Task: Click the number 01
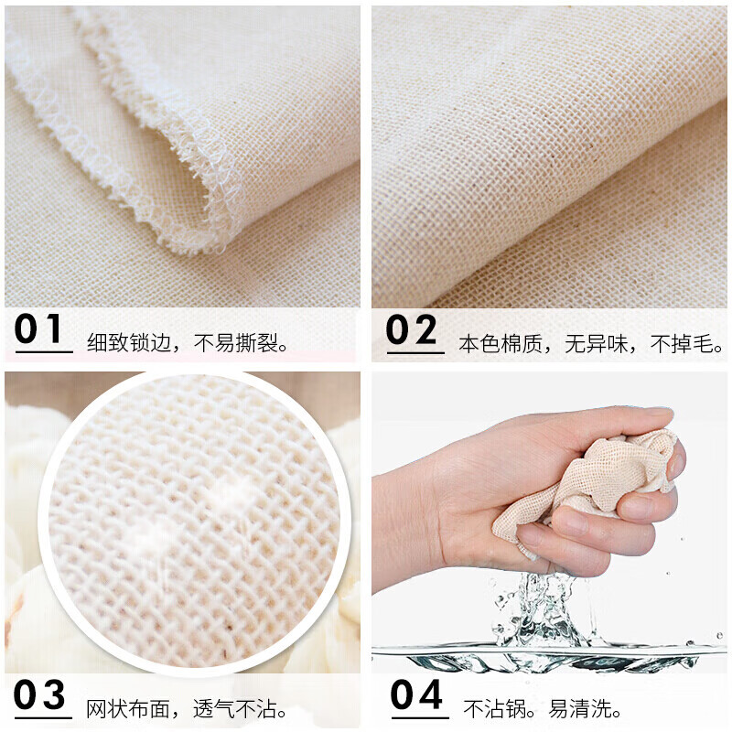40,329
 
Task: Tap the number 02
413,330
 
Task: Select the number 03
41,694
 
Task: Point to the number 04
416,694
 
